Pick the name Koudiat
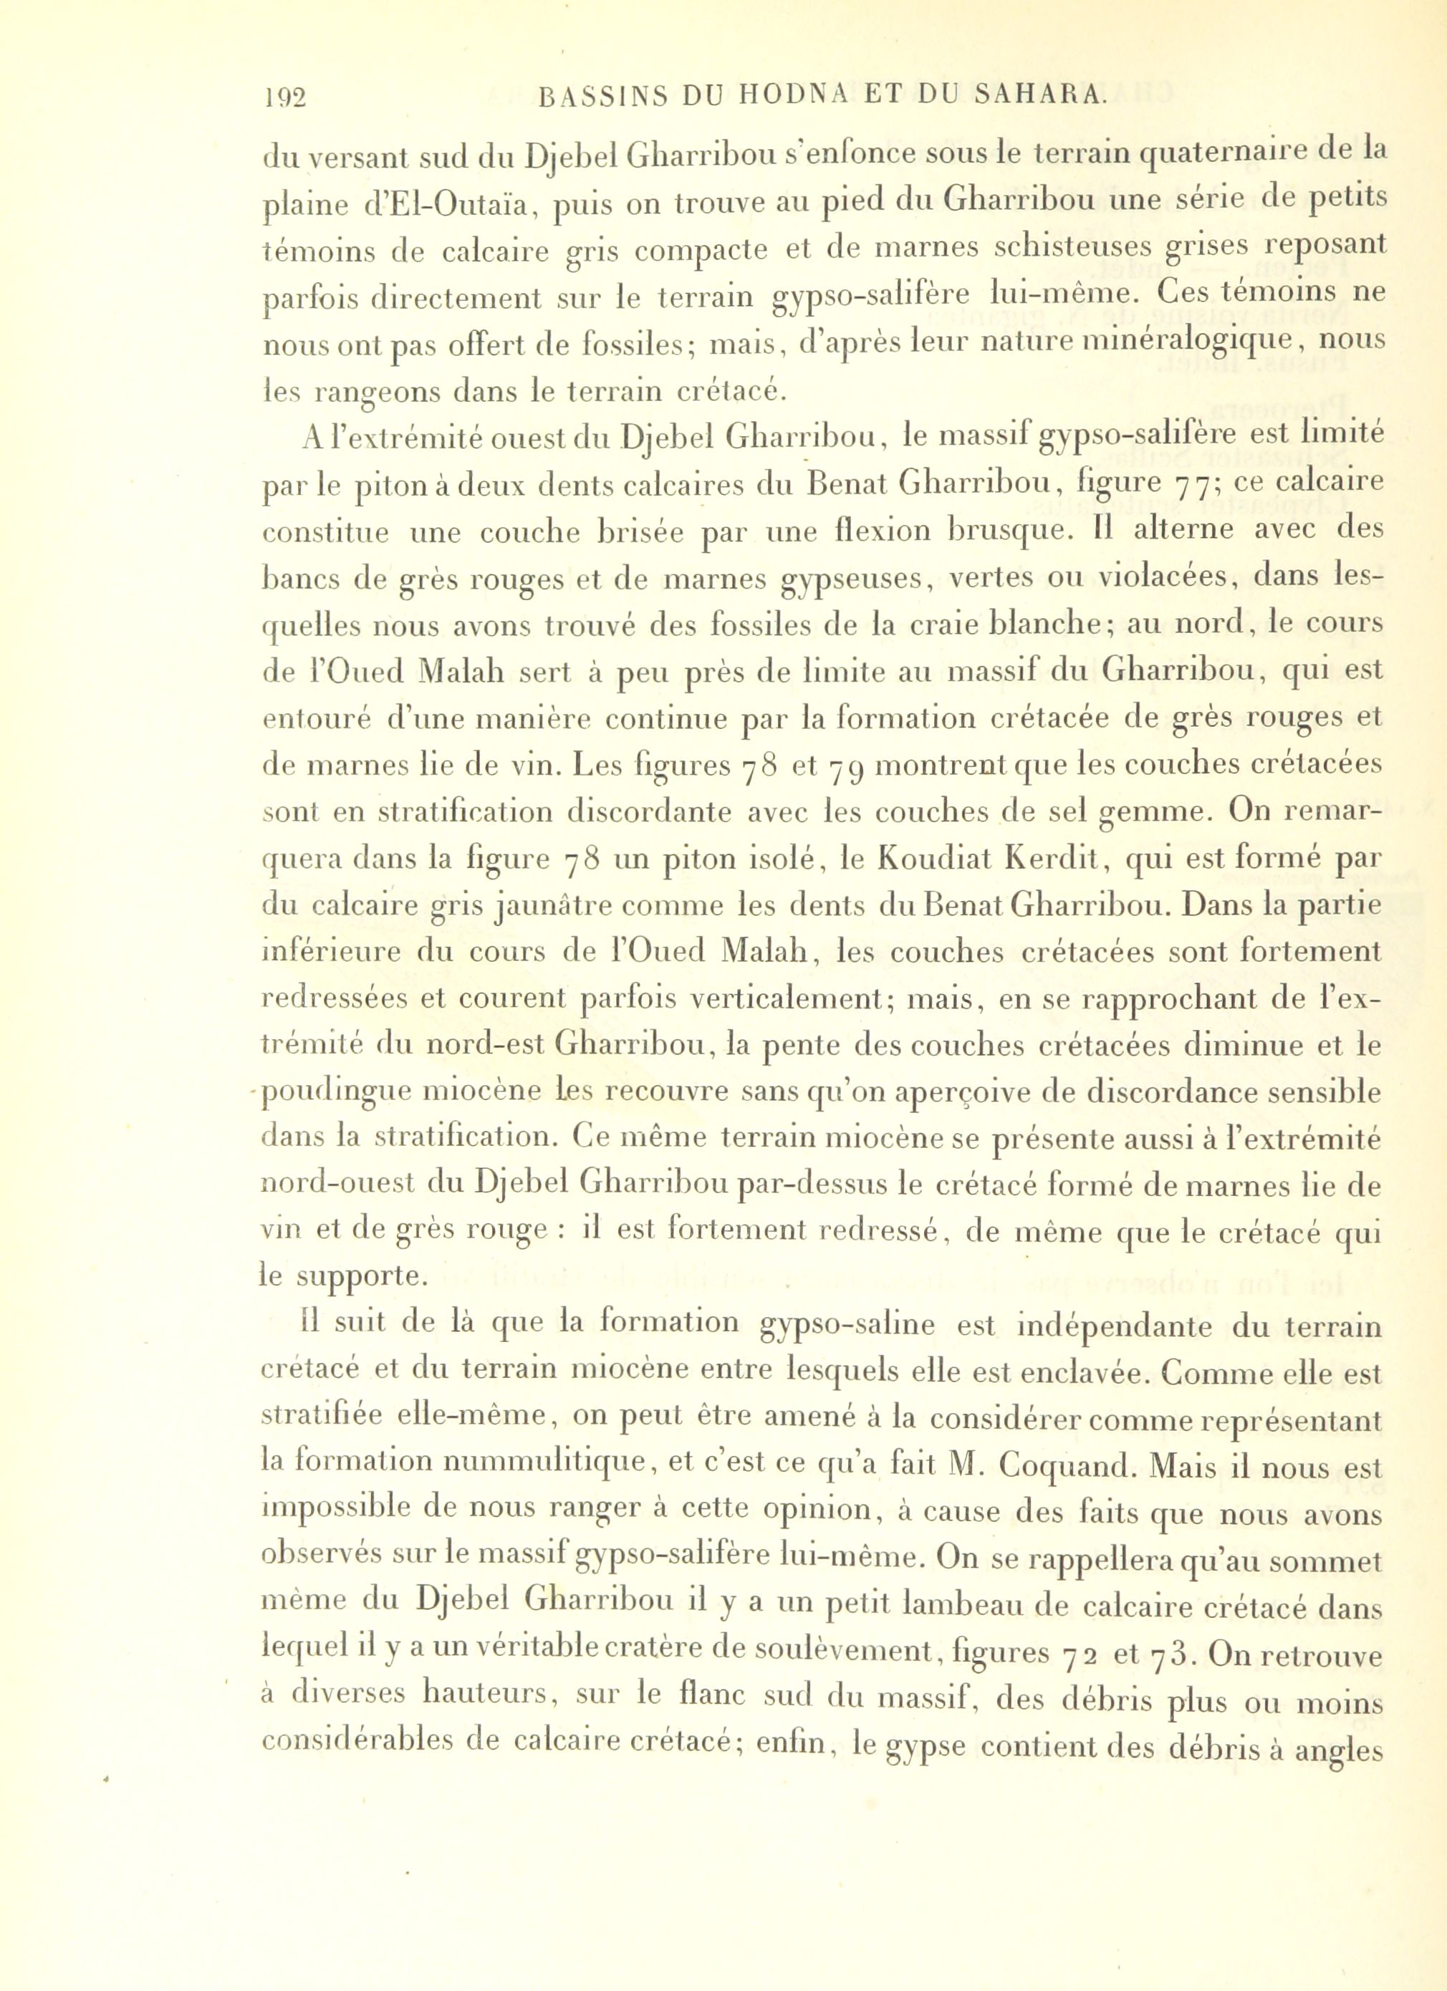pyautogui.click(x=918, y=859)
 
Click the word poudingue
pyautogui.click(x=338, y=1094)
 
